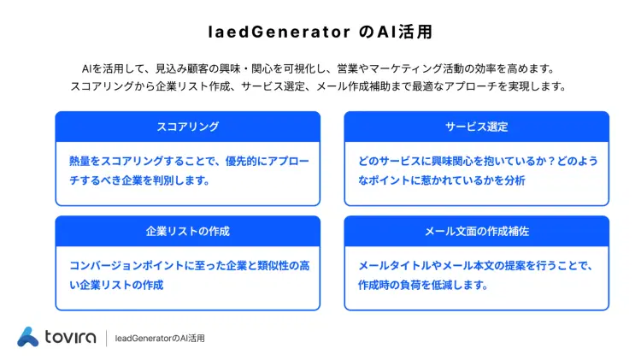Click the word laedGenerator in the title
(x=279, y=32)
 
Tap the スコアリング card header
(x=187, y=127)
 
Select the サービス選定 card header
(x=476, y=127)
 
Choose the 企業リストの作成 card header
(x=187, y=231)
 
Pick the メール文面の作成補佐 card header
(x=476, y=231)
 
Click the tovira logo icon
(x=28, y=337)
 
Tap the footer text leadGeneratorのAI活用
(x=160, y=339)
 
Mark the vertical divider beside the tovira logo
(x=107, y=338)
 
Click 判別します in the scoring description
(x=184, y=180)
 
